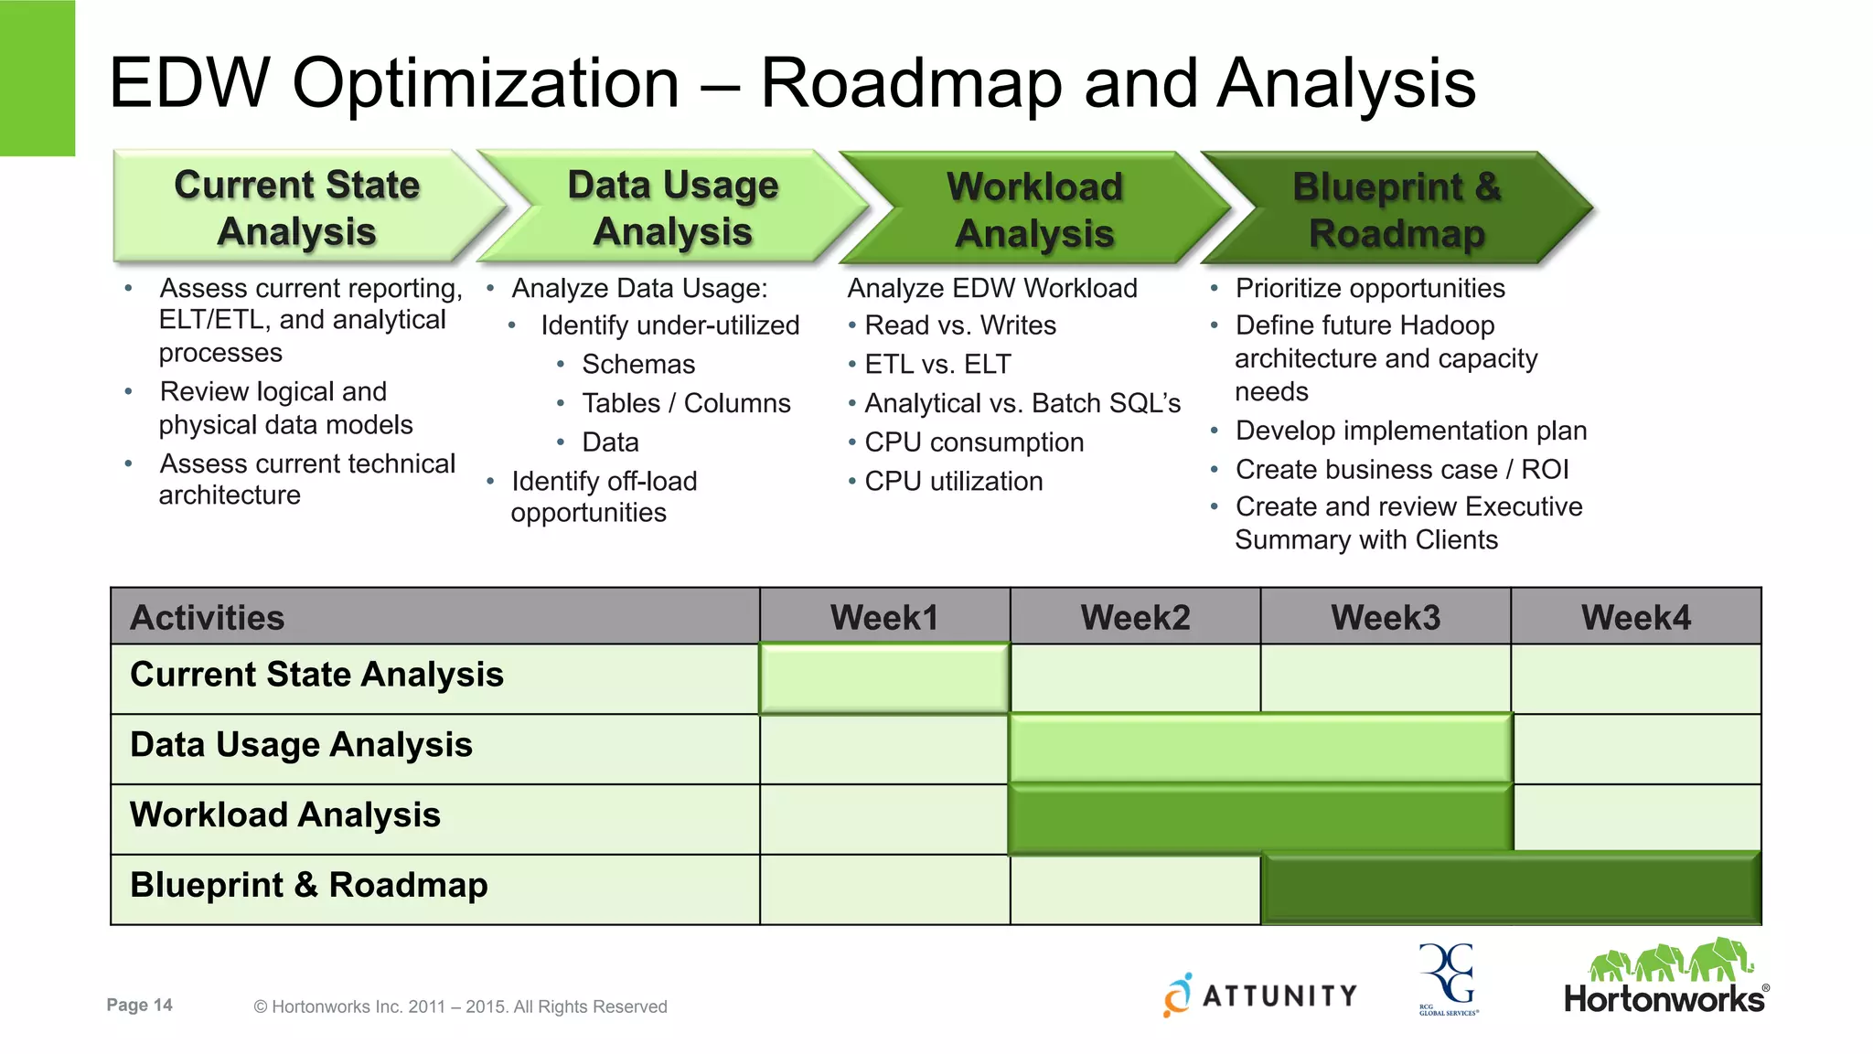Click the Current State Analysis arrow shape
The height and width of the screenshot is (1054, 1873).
coord(297,208)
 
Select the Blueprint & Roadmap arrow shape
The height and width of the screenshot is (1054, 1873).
coord(1397,209)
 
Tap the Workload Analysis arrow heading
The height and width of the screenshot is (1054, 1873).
coord(1034,209)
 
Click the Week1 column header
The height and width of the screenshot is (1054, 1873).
coord(884,618)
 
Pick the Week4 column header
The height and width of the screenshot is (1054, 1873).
coord(1635,618)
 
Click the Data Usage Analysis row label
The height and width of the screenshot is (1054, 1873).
coord(301,745)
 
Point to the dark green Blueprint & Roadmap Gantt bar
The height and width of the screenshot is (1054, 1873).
coord(1510,889)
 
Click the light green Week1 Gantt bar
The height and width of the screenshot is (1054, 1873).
coord(884,678)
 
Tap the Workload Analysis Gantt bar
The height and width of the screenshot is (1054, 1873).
coord(1260,818)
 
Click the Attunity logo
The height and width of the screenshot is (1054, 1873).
coord(1261,995)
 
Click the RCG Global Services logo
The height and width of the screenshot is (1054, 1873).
coord(1448,979)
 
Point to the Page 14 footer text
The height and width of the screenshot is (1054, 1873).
coord(139,1006)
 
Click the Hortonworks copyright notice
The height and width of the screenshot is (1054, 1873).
coord(460,1006)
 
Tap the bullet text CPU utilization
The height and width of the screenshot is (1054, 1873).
coord(953,482)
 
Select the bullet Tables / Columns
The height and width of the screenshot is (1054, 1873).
coord(686,403)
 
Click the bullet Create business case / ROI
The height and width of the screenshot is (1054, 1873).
coord(1401,470)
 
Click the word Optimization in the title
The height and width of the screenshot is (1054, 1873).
coord(486,84)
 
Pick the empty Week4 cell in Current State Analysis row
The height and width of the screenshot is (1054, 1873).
coord(1635,678)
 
